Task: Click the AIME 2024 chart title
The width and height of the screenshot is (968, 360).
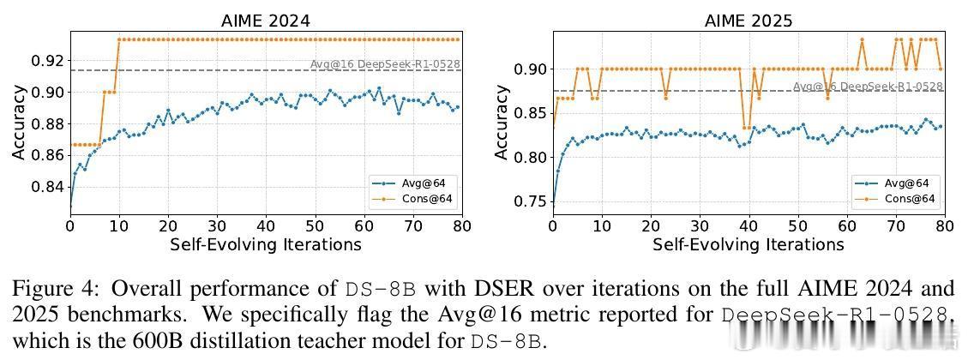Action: click(266, 20)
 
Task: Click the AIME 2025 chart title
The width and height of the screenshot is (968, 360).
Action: click(748, 20)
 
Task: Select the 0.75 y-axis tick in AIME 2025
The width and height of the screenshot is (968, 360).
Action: click(532, 201)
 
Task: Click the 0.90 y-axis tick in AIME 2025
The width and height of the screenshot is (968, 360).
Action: click(532, 69)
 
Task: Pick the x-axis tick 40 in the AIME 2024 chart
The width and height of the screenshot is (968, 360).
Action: click(266, 225)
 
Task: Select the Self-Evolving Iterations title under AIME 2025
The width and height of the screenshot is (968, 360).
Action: click(748, 244)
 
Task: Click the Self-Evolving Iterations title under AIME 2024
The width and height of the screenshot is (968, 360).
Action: click(266, 244)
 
